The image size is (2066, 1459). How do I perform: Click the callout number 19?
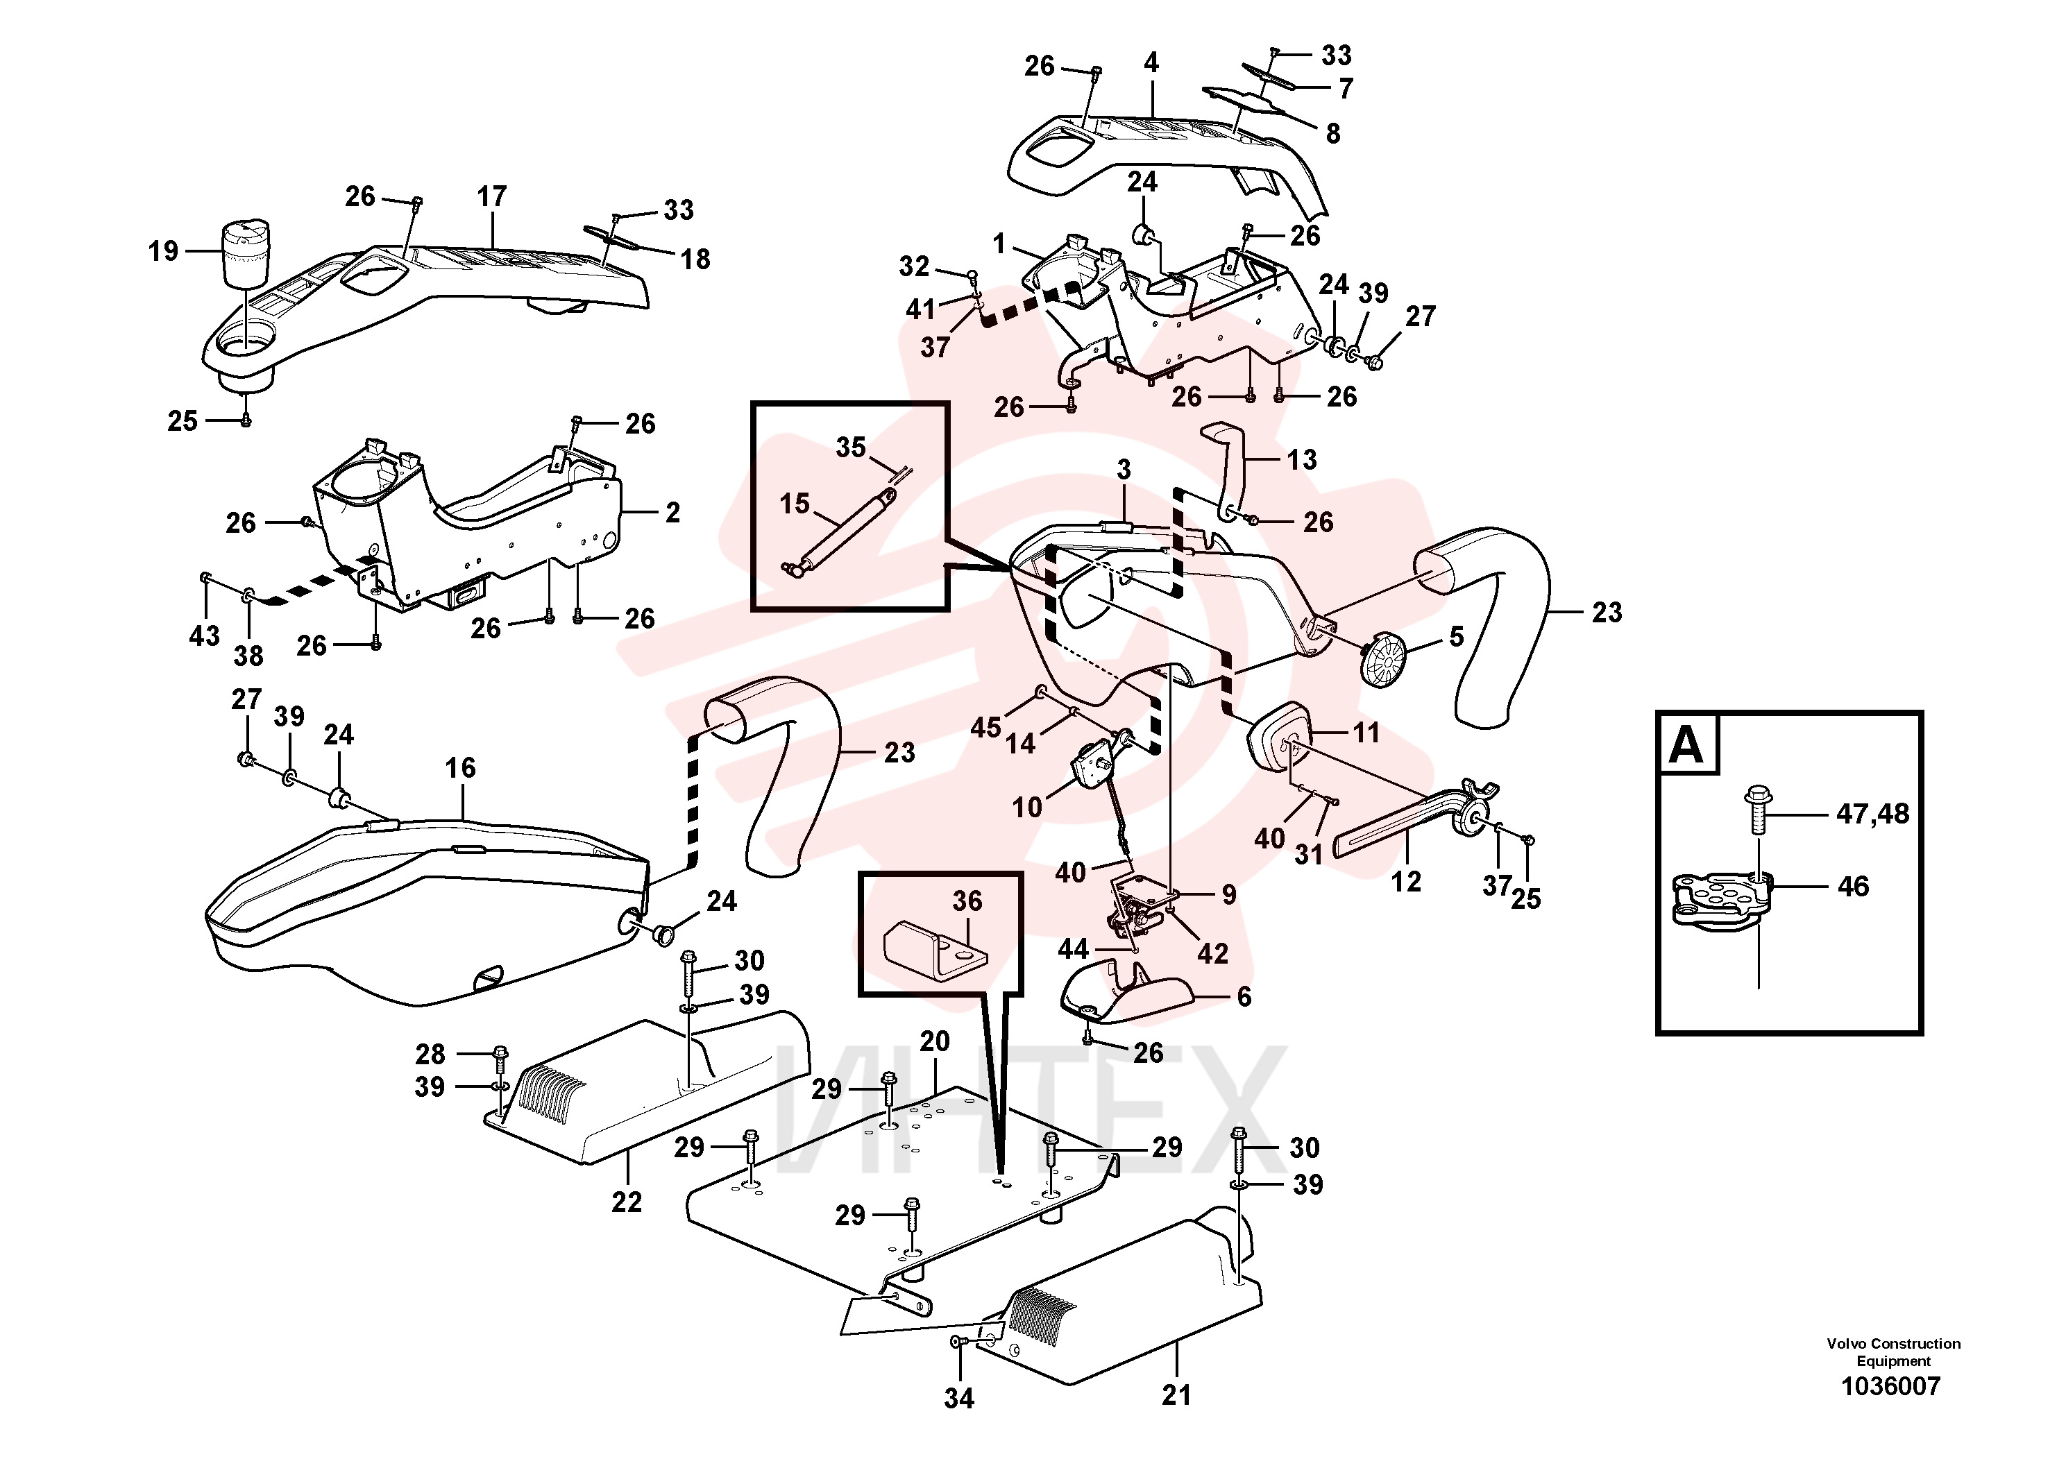click(164, 251)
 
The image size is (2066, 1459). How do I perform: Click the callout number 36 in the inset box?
click(967, 901)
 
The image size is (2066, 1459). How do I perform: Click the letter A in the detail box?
click(1686, 746)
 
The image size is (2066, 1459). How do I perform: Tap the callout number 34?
click(959, 1398)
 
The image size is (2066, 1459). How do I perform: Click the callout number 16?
click(460, 767)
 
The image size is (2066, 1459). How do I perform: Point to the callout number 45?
click(986, 727)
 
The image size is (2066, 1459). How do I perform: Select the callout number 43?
click(204, 636)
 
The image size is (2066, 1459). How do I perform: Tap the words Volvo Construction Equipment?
click(1893, 1352)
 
